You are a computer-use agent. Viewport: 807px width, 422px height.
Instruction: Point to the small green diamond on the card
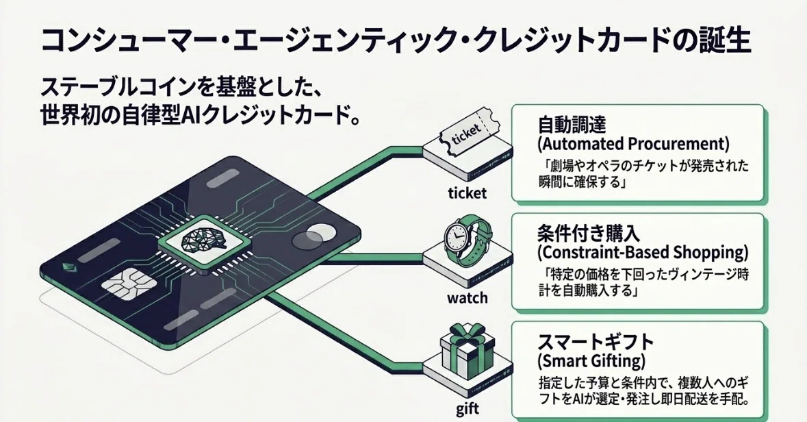(66, 267)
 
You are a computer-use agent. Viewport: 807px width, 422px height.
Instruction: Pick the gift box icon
(467, 347)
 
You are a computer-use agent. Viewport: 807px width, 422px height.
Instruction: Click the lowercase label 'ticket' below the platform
(467, 193)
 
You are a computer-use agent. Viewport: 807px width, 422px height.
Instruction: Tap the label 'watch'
(467, 298)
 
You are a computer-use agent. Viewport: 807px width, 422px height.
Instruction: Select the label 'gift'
(467, 409)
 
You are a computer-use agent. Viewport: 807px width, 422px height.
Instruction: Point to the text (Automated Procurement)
(633, 144)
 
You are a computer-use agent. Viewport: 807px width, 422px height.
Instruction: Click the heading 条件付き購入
(589, 234)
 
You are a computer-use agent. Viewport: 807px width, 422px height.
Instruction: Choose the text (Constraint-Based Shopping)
(642, 253)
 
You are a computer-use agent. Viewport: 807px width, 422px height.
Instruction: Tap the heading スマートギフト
(595, 342)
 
